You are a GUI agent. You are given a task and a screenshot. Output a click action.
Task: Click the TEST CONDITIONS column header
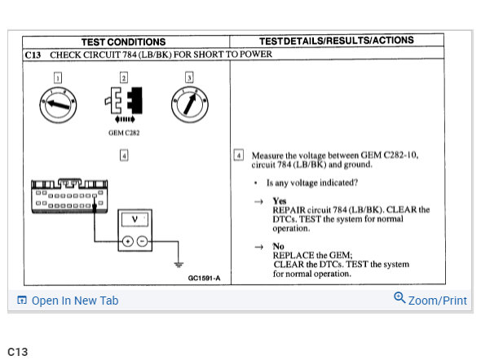[123, 42]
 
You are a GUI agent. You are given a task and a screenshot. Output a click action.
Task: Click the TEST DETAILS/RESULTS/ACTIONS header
[336, 41]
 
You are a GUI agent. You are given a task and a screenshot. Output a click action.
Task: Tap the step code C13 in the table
[33, 55]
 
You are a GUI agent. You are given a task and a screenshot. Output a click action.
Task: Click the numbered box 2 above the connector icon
[123, 77]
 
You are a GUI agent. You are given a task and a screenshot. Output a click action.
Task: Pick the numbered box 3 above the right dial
[189, 77]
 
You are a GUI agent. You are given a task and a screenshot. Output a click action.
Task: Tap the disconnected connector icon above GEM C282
[123, 103]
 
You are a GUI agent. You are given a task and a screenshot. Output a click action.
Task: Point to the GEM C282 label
[124, 132]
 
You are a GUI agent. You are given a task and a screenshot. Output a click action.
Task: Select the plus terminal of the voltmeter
[128, 240]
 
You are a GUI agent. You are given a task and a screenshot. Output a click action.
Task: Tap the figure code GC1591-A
[204, 279]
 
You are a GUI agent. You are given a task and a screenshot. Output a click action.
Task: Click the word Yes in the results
[280, 201]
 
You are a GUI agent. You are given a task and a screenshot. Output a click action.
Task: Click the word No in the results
[278, 246]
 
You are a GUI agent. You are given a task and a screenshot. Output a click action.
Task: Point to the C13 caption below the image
[17, 352]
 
